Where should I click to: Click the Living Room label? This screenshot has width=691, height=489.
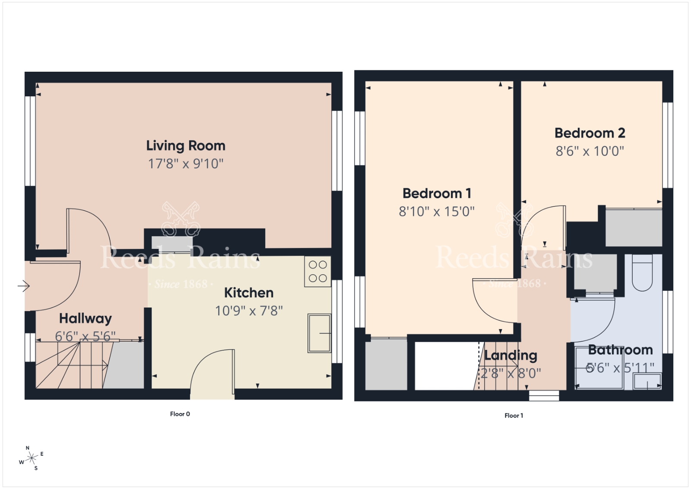[x=186, y=146]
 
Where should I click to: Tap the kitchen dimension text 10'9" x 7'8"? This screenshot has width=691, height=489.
[x=249, y=311]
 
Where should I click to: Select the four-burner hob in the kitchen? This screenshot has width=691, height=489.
[x=318, y=271]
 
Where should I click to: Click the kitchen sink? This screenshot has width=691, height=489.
[x=319, y=333]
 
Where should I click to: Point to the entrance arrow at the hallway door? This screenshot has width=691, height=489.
[x=23, y=286]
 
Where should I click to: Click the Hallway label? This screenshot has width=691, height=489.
[x=86, y=319]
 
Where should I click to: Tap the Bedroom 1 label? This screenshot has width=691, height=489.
[x=437, y=194]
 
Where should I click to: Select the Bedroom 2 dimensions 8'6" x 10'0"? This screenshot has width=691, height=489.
[x=590, y=151]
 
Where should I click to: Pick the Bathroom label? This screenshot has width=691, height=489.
[x=620, y=350]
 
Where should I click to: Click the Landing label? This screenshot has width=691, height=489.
[x=510, y=356]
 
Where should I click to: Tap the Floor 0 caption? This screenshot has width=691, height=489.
[x=180, y=414]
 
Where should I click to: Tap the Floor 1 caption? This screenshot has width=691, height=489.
[x=513, y=416]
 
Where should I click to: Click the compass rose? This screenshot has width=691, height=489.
[x=32, y=458]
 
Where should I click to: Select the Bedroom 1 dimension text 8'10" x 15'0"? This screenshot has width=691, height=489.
[x=437, y=212]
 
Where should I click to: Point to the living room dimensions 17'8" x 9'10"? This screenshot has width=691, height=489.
[x=186, y=164]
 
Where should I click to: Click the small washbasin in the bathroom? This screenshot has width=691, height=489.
[x=647, y=381]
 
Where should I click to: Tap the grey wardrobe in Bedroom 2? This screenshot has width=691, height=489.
[x=634, y=228]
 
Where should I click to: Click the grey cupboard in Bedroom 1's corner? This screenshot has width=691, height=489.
[x=386, y=364]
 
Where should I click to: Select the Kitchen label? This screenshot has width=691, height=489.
[x=249, y=293]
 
